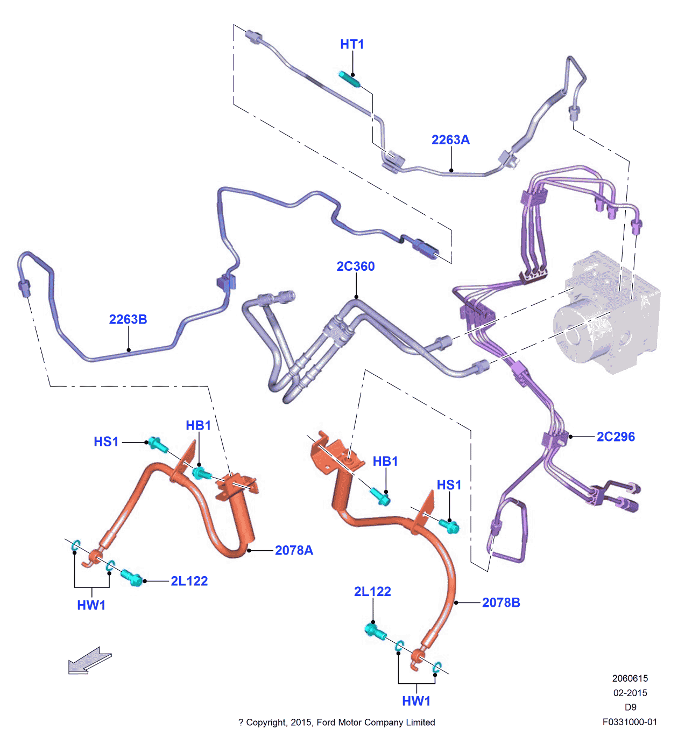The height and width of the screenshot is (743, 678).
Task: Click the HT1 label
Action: tap(352, 44)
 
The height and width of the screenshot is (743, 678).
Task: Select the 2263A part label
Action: tap(450, 140)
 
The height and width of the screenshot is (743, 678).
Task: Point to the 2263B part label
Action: tap(128, 319)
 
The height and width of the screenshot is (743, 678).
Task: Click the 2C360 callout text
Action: tap(355, 267)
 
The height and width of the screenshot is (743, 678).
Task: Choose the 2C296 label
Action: tap(616, 437)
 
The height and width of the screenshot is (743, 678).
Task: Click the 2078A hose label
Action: tap(294, 550)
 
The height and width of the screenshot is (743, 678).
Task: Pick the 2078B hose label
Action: tap(501, 602)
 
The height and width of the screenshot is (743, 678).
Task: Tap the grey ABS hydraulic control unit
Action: tap(608, 318)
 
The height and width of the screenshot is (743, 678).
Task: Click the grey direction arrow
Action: tap(89, 661)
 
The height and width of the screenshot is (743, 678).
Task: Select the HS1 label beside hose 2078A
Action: tap(106, 442)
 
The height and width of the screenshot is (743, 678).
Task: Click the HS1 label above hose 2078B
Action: tap(449, 485)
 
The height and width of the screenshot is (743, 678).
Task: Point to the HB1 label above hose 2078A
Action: tap(198, 425)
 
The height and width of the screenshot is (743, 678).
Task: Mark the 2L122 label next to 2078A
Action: tap(189, 581)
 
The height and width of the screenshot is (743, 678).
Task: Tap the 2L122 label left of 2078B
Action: tap(372, 592)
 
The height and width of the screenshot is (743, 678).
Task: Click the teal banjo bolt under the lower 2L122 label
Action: tap(375, 630)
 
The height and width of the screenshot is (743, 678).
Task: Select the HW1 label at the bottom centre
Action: tap(416, 701)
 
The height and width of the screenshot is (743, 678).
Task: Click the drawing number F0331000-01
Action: tap(630, 722)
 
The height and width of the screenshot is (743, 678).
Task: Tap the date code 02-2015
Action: tap(630, 693)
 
